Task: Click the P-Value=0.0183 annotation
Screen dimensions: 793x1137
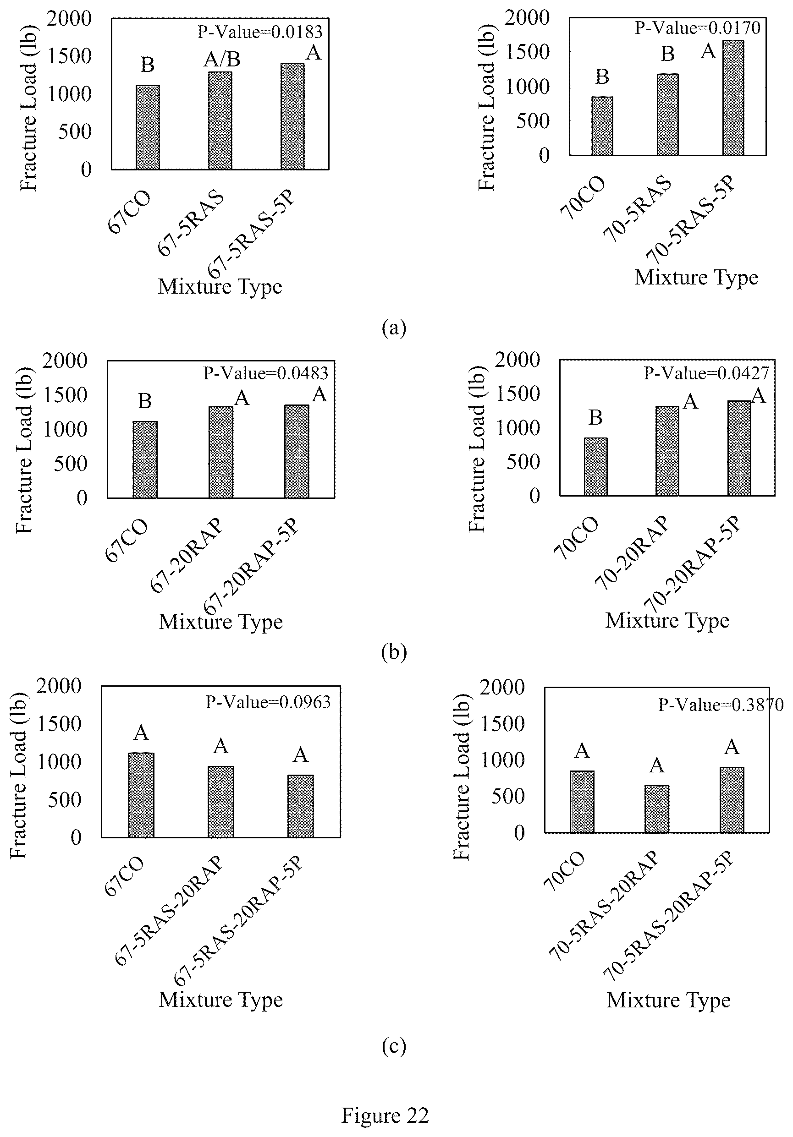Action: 260,32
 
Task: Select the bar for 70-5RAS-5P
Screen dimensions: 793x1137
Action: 733,98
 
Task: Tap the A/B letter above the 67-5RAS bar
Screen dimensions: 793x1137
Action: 222,60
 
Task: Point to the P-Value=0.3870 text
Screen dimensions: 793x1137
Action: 721,704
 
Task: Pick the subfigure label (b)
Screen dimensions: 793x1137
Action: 394,652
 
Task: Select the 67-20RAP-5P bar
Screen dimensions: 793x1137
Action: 297,452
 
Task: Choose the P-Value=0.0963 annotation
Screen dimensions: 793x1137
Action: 268,702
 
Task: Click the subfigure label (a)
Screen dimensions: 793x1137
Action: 394,328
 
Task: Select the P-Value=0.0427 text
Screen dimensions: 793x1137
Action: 706,373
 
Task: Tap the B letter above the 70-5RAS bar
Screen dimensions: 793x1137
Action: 667,54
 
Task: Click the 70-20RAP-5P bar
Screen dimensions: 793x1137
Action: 739,448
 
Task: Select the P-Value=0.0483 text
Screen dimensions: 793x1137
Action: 266,373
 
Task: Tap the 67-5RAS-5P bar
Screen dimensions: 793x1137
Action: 292,116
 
